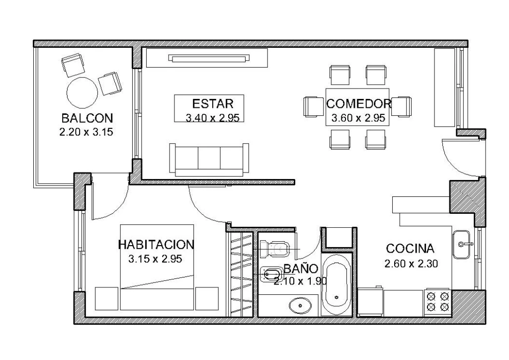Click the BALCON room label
[87, 118]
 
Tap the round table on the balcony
[83, 92]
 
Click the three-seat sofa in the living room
[209, 159]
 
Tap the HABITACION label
[156, 245]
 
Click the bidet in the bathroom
[271, 273]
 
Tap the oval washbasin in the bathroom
[300, 304]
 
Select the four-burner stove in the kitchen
[437, 302]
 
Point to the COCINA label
[411, 249]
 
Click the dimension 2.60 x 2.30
[411, 264]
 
